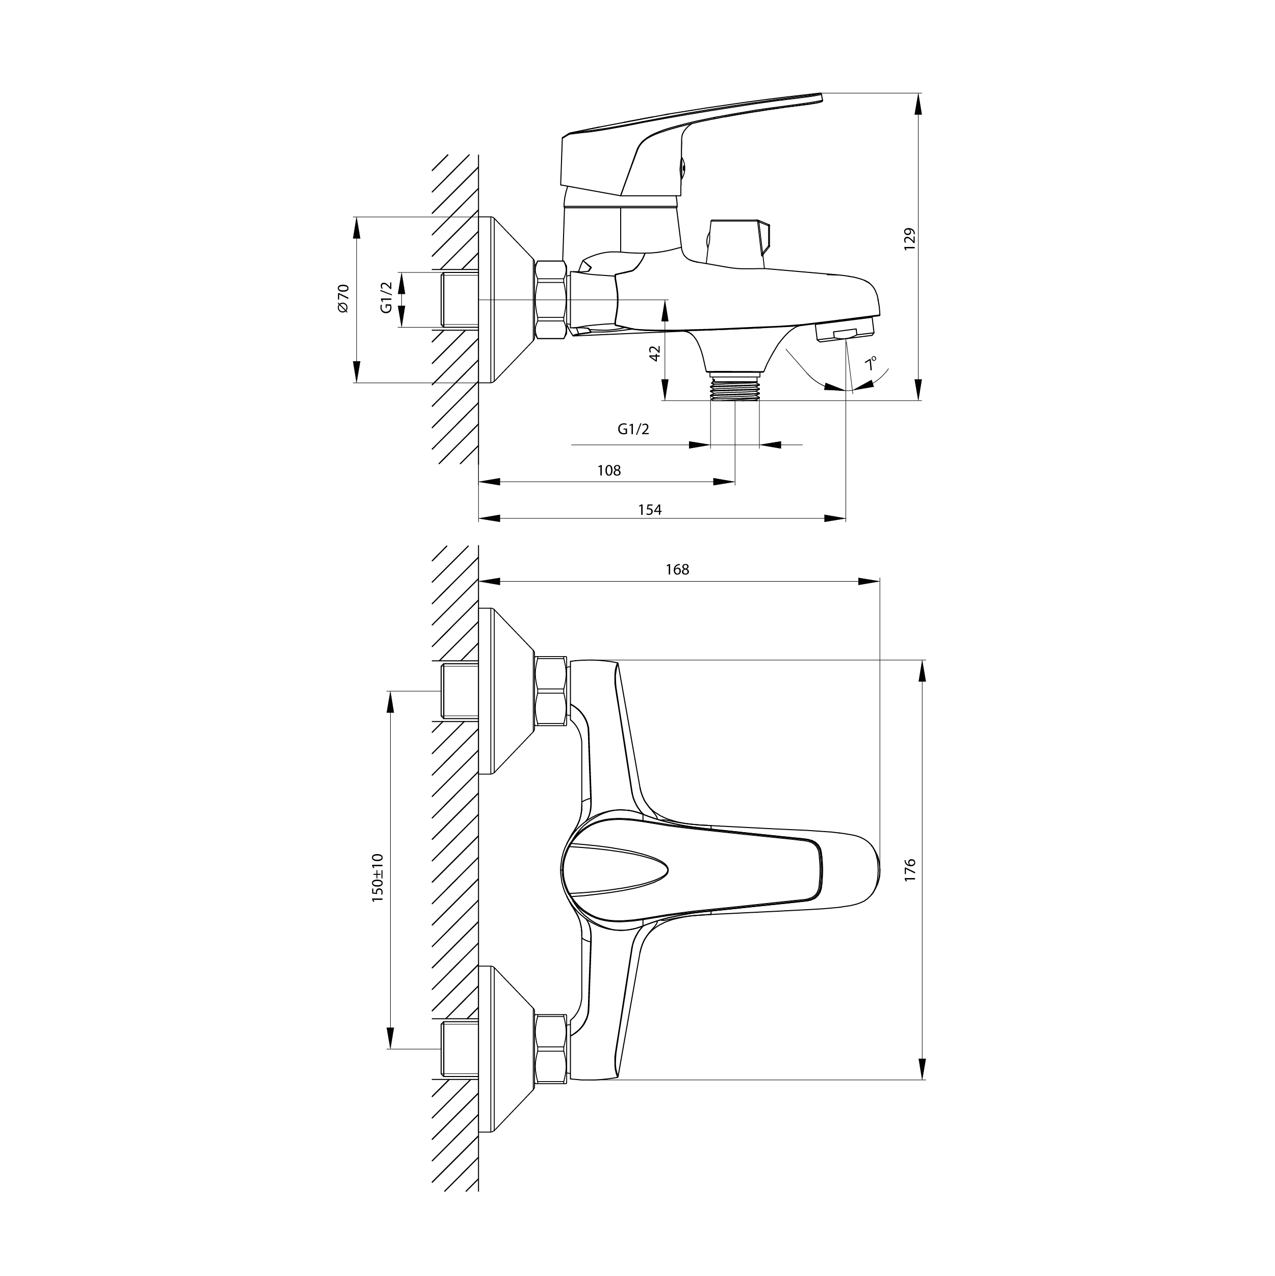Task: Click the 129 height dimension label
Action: (x=910, y=239)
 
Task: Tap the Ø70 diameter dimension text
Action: (x=343, y=298)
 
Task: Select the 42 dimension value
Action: (x=655, y=354)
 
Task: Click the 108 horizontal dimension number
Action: (x=609, y=470)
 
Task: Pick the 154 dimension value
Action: (x=650, y=509)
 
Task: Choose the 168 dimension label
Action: (x=677, y=569)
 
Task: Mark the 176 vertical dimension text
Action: (x=910, y=870)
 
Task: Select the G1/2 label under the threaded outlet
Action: (x=633, y=429)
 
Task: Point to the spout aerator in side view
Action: (x=845, y=332)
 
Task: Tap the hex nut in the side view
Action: (x=551, y=301)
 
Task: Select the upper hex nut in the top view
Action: (x=551, y=691)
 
